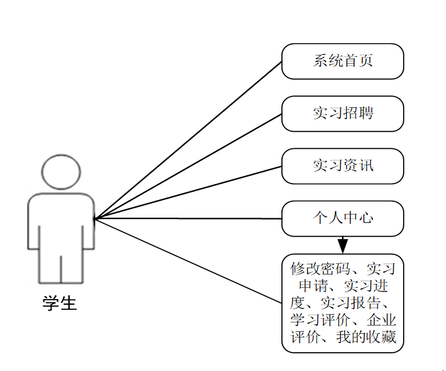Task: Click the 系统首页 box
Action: click(343, 61)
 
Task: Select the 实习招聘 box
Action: click(343, 114)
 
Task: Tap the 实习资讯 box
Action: click(343, 166)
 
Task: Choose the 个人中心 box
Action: click(343, 218)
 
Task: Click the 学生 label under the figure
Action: click(60, 303)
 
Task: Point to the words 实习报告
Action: click(351, 303)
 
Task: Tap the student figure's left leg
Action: click(50, 265)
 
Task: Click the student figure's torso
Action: click(61, 221)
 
